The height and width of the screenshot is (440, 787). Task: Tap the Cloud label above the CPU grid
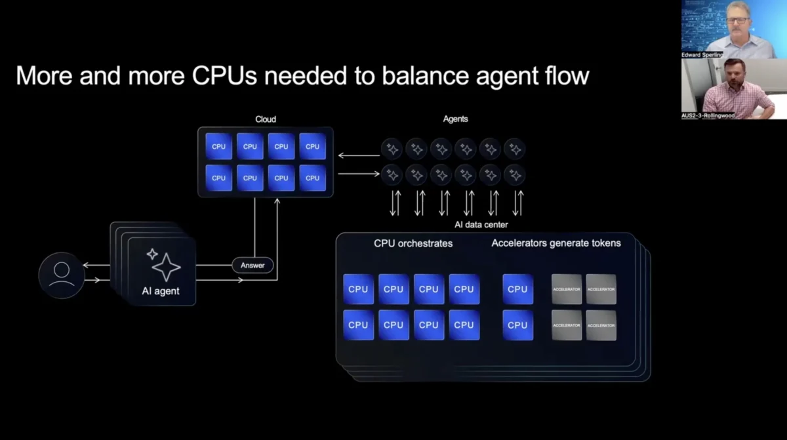266,119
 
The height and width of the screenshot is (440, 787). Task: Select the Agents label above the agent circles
456,119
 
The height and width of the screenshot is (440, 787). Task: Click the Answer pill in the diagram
252,266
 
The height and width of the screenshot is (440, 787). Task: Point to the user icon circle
62,275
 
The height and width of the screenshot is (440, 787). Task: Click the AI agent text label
161,291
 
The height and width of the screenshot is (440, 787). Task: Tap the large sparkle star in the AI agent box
166,267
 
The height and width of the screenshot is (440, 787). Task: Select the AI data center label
481,224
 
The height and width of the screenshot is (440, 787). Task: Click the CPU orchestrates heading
413,243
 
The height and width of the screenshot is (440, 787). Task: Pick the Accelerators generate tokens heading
556,243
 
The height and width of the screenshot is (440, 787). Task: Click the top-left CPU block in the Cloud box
219,147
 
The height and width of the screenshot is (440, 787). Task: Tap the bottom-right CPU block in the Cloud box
313,178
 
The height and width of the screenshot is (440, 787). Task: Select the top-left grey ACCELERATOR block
567,289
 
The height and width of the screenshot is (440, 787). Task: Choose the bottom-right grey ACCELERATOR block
601,325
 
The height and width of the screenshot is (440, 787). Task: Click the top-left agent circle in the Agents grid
392,150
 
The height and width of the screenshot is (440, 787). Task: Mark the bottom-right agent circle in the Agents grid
515,175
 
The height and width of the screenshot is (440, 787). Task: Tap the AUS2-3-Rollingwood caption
708,115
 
